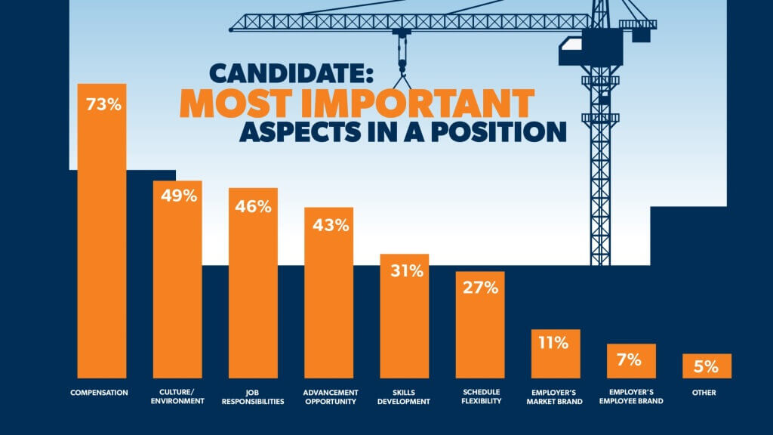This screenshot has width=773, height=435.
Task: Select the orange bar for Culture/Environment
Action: tap(177, 287)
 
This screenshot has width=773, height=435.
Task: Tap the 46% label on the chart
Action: tap(253, 205)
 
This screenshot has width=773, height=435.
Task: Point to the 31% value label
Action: tap(404, 271)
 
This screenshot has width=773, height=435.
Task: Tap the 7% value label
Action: tap(630, 359)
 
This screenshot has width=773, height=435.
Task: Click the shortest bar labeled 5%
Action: tap(707, 366)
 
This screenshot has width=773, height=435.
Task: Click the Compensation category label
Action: tap(102, 392)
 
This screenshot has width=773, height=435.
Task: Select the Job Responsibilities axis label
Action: tap(253, 396)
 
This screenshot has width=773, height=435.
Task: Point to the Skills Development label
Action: tap(404, 396)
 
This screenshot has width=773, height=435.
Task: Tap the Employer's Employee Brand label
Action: tap(630, 396)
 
